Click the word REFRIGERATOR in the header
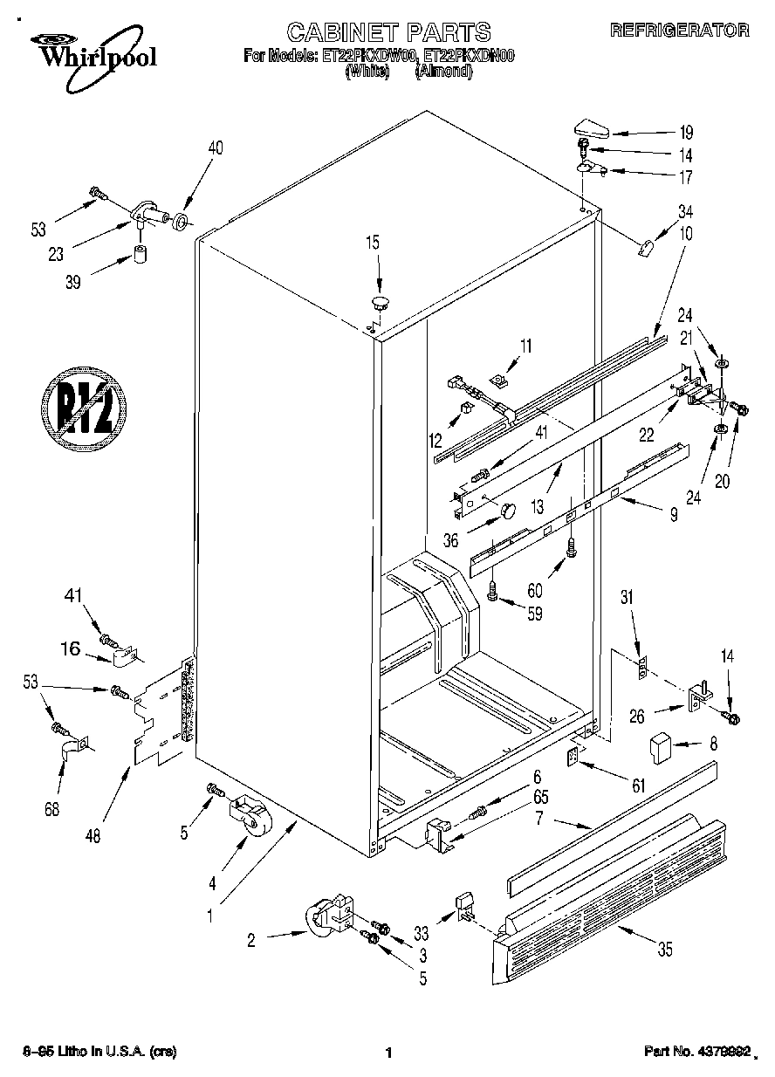(x=678, y=31)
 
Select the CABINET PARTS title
(x=388, y=33)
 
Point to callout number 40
(x=215, y=148)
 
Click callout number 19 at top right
(x=686, y=134)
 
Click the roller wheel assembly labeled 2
(x=329, y=916)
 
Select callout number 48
(x=93, y=836)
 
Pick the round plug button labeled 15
(x=380, y=305)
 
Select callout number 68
(x=52, y=809)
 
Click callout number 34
(x=686, y=209)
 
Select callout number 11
(x=525, y=346)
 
